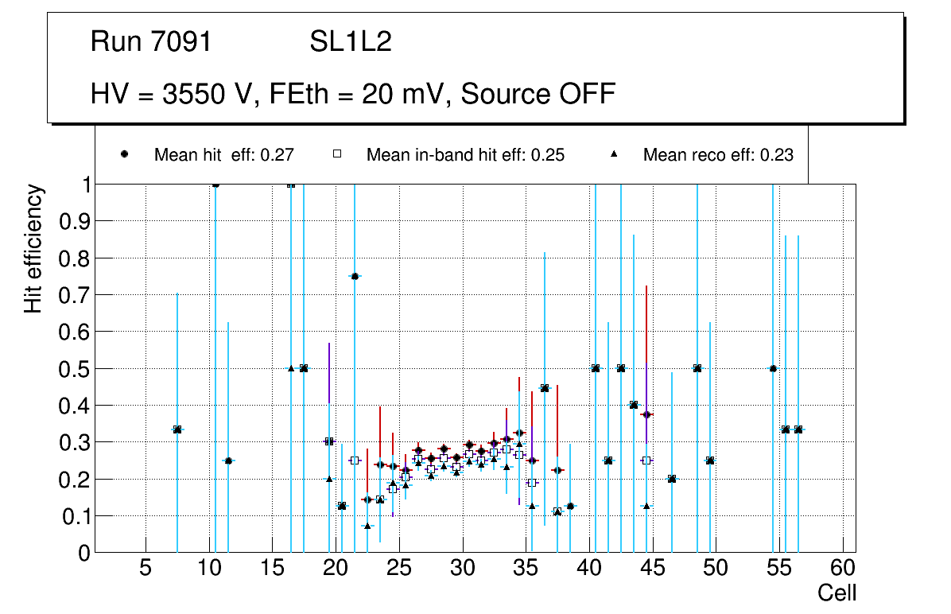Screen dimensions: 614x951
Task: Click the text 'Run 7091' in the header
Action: click(151, 42)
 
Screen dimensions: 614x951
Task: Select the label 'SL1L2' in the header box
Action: click(351, 42)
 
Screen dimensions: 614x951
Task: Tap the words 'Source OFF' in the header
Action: click(538, 94)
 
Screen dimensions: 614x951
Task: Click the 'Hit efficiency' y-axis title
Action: click(33, 248)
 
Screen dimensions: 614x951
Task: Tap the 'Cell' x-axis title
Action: click(836, 593)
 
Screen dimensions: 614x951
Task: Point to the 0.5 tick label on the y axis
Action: click(74, 368)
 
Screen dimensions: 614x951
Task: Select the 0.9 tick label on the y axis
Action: click(74, 221)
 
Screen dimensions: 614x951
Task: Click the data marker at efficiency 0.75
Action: click(355, 276)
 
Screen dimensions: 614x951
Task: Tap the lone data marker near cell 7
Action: click(177, 429)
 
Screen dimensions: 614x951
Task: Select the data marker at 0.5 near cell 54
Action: click(773, 368)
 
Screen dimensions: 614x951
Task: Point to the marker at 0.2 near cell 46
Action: click(672, 479)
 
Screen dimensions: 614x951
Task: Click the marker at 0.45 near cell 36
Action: click(545, 388)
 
